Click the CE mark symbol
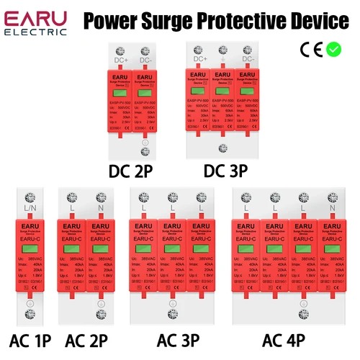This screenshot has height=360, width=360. click(311, 50)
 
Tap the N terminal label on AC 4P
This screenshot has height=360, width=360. click(333, 208)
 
